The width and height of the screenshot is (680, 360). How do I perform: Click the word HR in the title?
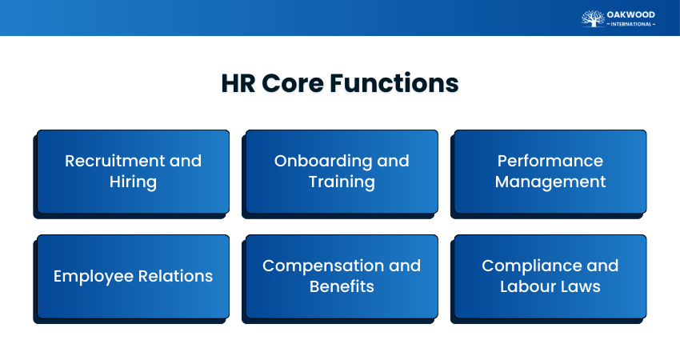pos(238,83)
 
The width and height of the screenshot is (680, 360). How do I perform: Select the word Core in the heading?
pos(293,83)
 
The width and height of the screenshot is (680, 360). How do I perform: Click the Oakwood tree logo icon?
pos(593,18)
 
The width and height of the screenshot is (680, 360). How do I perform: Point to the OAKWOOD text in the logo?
pos(630,14)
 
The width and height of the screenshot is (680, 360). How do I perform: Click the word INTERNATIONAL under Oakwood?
pos(631,24)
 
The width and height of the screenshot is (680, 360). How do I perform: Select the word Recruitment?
pos(114,161)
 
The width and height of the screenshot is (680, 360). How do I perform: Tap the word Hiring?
pos(133,182)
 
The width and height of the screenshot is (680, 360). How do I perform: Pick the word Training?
pos(342,182)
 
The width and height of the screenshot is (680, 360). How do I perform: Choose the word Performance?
pos(550,161)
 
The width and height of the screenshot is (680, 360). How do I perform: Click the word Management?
pos(550,182)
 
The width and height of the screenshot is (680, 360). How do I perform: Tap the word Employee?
pos(91,277)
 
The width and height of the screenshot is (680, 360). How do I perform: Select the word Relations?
pos(174,276)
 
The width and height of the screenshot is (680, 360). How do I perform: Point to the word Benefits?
pos(342,286)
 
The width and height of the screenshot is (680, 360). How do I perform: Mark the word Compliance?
pos(531,266)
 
